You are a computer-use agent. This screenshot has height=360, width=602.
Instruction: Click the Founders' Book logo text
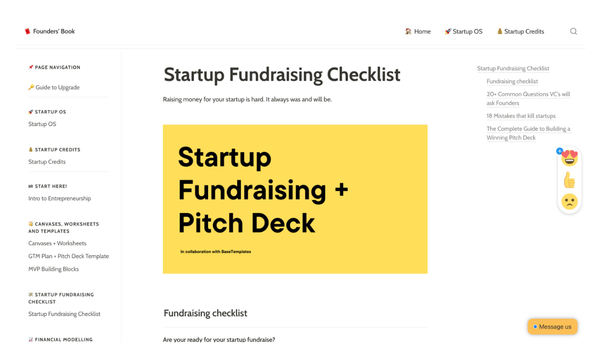(x=54, y=31)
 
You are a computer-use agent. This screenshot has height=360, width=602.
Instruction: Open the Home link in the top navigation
(x=418, y=31)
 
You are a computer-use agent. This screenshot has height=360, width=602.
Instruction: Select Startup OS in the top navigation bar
(x=464, y=31)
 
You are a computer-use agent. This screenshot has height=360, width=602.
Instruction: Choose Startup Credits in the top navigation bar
(x=520, y=31)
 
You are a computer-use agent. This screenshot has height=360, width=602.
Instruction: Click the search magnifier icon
(x=574, y=31)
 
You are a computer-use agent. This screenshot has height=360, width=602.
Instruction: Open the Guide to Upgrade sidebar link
(x=54, y=87)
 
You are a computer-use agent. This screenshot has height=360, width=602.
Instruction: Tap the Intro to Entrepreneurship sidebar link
(x=60, y=198)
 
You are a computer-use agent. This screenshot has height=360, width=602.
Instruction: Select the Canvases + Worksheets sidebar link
(x=57, y=243)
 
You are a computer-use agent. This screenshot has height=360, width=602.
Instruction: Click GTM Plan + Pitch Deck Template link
(x=69, y=256)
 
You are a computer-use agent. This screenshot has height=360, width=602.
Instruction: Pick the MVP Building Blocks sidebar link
(x=54, y=269)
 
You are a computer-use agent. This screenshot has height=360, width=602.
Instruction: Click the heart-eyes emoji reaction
(x=569, y=158)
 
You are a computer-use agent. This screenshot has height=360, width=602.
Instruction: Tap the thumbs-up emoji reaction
(x=569, y=180)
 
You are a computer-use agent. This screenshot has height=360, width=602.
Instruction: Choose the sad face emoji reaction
(x=569, y=201)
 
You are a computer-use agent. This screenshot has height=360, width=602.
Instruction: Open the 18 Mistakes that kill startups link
(x=521, y=116)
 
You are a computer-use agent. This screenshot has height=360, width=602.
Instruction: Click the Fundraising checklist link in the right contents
(x=512, y=81)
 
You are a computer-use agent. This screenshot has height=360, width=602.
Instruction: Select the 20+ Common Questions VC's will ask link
(x=529, y=99)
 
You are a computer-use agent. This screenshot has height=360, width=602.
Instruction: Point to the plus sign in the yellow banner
(x=342, y=189)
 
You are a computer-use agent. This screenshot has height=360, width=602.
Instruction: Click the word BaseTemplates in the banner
(x=236, y=252)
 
